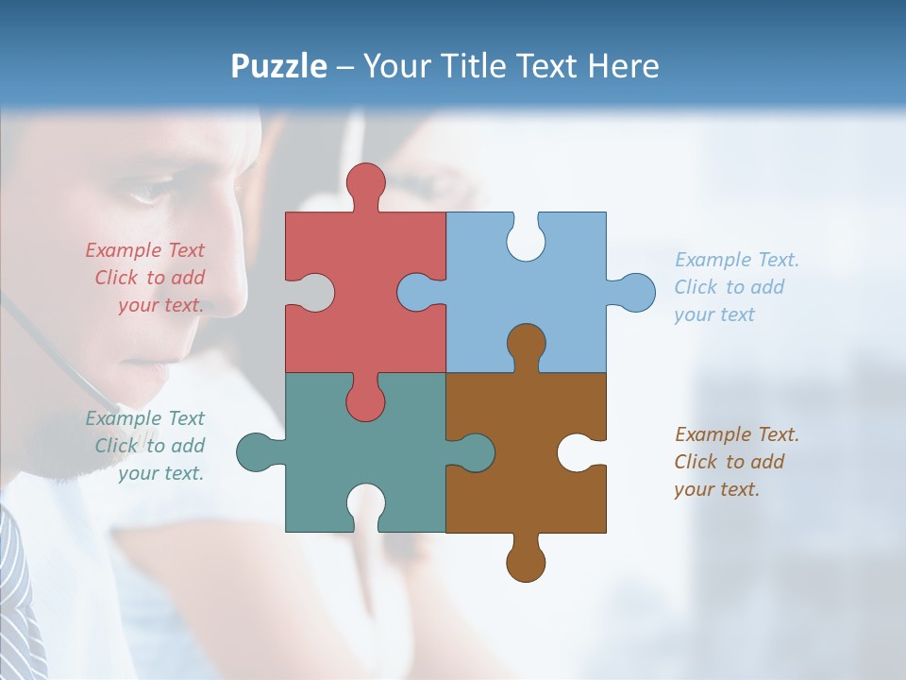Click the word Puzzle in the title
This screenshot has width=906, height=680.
(279, 66)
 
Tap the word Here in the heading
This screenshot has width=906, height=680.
(623, 66)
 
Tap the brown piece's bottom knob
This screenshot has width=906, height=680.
(526, 562)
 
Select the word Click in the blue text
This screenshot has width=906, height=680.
(696, 287)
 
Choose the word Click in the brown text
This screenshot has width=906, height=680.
(696, 462)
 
